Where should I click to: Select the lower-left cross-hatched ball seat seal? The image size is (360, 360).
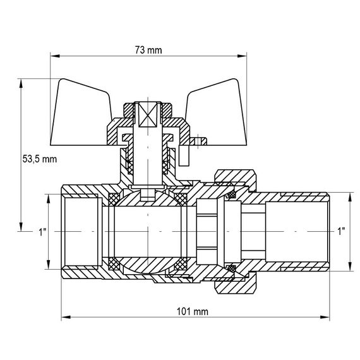114,262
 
